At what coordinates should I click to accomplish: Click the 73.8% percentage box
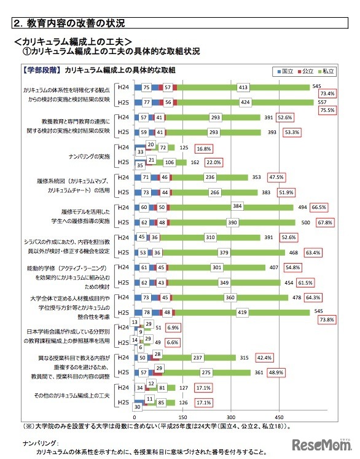[327, 320]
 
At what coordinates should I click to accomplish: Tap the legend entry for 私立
[326, 71]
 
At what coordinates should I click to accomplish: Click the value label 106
[169, 163]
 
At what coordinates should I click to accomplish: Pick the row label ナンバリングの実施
[89, 155]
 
